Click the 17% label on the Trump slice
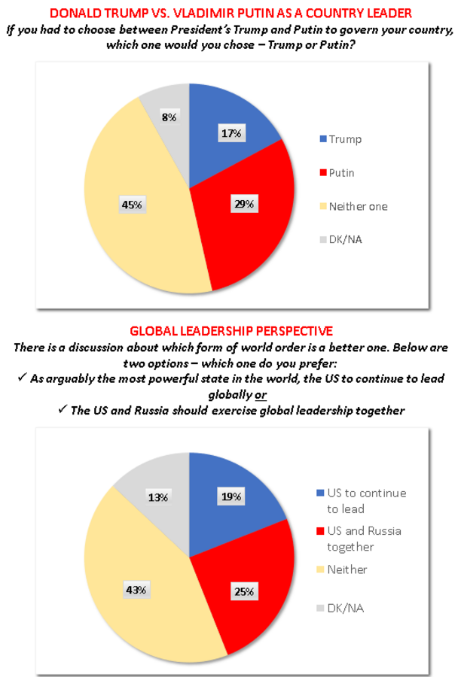pos(231,133)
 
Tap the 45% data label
pos(130,204)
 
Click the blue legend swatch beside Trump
pos(322,140)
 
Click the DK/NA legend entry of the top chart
pos(347,239)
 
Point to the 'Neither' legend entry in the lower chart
pos(347,569)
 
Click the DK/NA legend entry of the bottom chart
pos(347,607)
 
